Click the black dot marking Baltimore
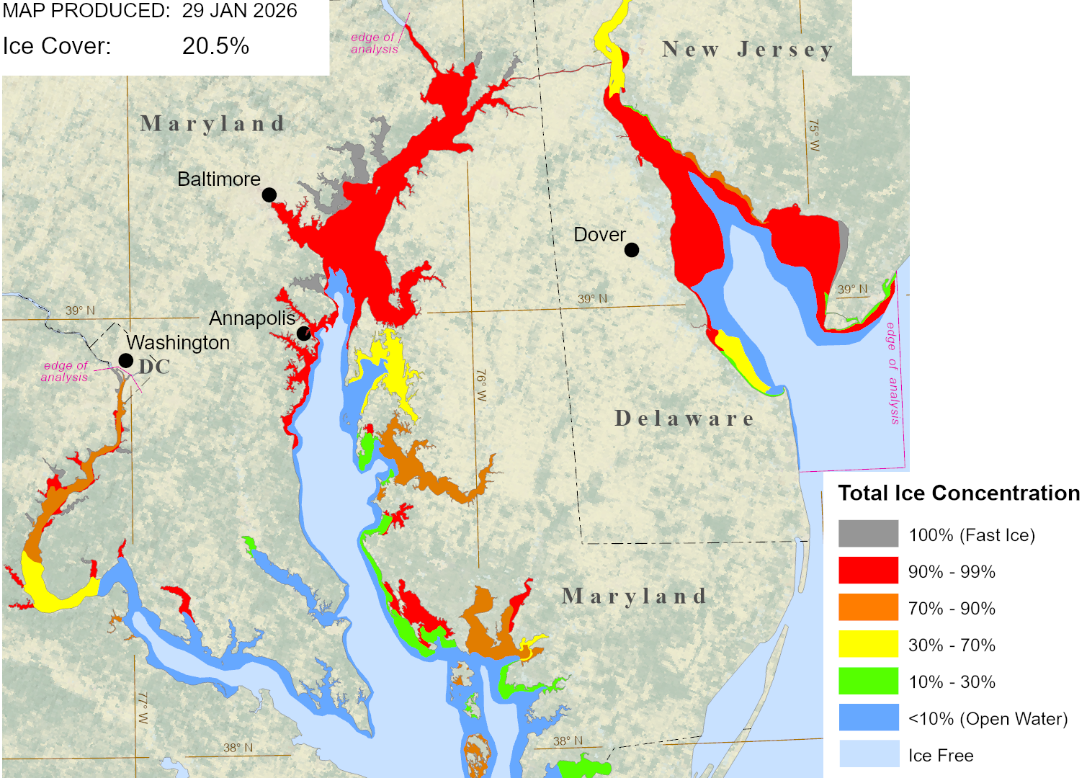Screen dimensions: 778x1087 [x=269, y=194]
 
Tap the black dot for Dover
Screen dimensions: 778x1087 [x=632, y=250]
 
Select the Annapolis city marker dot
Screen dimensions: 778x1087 [x=304, y=333]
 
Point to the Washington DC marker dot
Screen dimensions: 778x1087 [x=125, y=360]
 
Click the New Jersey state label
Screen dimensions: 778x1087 [x=748, y=50]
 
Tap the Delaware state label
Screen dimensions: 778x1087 [x=684, y=419]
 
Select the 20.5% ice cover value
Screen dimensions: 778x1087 [x=215, y=46]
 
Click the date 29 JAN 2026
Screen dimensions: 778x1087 [x=239, y=11]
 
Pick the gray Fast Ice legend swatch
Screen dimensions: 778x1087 [x=868, y=534]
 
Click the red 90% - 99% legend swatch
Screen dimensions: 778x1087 [x=868, y=571]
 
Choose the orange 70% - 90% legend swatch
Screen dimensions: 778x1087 [x=868, y=607]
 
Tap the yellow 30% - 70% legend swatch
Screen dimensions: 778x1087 [x=868, y=644]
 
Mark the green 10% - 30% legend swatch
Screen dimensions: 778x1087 [x=868, y=681]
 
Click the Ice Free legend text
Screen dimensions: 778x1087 [x=941, y=756]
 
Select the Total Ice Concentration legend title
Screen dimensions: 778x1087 [x=959, y=493]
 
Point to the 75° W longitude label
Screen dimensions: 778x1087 [x=813, y=135]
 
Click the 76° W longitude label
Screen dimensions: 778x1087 [x=481, y=386]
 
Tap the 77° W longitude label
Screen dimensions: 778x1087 [x=143, y=709]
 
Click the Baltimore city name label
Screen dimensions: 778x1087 [x=219, y=179]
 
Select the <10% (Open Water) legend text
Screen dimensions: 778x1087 [x=988, y=719]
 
